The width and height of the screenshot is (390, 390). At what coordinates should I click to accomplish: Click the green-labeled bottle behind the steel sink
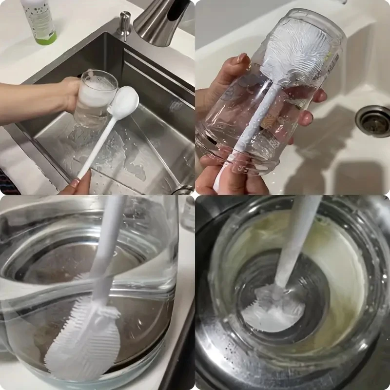pos(38,19)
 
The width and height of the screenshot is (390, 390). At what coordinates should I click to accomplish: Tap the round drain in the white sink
pos(373,120)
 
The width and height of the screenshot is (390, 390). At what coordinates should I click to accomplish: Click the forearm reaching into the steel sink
pos(29,102)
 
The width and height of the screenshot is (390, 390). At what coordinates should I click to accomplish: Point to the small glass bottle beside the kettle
pos(188,214)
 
